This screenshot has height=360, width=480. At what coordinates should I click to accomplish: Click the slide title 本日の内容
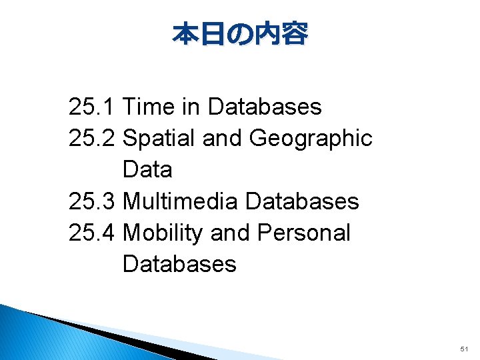coord(240,34)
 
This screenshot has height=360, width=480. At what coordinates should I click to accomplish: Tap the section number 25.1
coord(93,107)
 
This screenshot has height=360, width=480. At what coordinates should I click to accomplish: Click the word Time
coord(148,107)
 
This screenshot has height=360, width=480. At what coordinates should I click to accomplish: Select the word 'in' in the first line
coord(190,107)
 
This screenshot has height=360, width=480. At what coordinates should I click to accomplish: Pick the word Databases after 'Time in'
coord(265,107)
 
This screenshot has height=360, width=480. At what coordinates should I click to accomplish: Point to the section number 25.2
coord(93,138)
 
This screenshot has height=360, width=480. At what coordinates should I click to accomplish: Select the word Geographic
coord(311,138)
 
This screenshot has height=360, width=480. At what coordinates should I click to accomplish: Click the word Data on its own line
coord(147,169)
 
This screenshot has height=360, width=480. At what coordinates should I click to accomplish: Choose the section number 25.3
coord(93,201)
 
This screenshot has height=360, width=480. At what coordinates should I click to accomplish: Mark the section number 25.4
coord(93,233)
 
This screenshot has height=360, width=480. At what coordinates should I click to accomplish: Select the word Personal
coord(303,233)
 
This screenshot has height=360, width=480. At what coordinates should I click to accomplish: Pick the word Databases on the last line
coord(179,264)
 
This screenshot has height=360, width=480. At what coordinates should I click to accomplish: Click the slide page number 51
coord(464,349)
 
